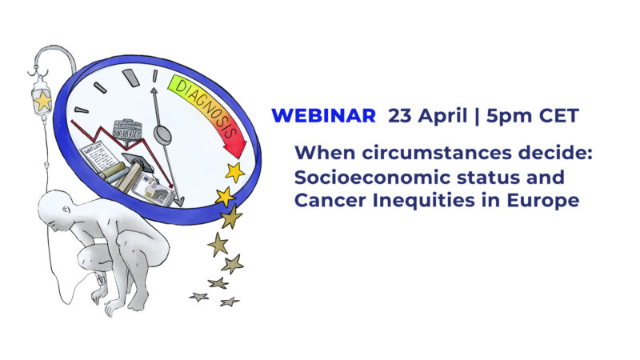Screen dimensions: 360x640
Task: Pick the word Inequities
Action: [x=422, y=201]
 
